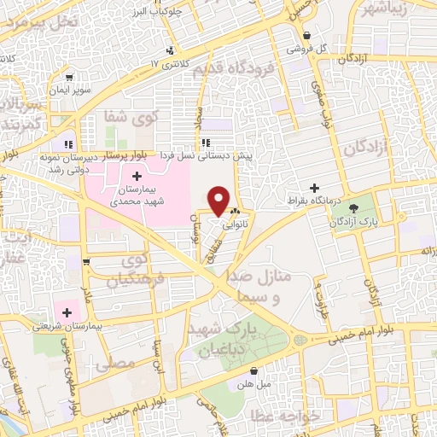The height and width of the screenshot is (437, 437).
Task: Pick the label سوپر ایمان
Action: click(x=72, y=90)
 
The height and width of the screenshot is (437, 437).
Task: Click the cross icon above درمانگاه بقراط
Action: click(x=314, y=187)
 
